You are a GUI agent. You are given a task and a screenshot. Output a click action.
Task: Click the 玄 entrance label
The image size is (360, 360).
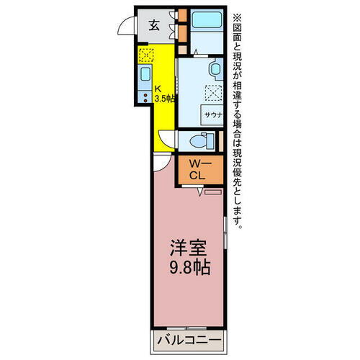(x=155, y=24)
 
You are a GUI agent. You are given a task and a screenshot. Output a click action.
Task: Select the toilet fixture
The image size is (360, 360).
(x=200, y=140)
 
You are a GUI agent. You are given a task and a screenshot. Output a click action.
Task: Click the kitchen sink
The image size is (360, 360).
(x=144, y=74)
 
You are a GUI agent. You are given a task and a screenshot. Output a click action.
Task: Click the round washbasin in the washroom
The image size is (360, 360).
(x=215, y=68)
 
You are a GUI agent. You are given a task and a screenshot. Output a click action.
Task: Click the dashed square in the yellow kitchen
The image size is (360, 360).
(x=145, y=54)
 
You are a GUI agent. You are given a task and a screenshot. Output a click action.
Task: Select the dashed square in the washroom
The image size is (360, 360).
(x=215, y=91)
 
